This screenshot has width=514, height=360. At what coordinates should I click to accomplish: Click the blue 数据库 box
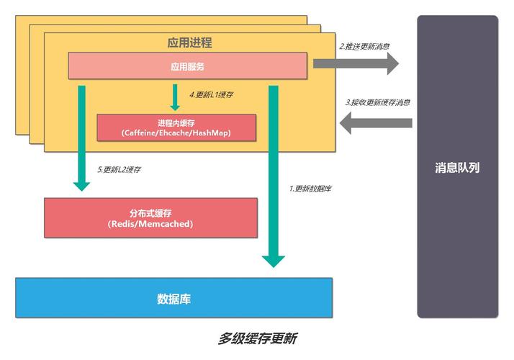tap(173, 298)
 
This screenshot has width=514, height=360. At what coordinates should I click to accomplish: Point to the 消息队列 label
tap(457, 168)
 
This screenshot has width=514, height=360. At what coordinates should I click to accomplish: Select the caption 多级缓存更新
tap(258, 338)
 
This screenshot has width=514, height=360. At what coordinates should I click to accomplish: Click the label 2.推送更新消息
tap(365, 47)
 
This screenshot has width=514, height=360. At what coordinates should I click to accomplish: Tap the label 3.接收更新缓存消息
tap(378, 102)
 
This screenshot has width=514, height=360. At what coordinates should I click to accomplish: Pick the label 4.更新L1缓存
tap(211, 94)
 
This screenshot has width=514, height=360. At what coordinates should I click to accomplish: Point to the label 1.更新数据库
tap(310, 189)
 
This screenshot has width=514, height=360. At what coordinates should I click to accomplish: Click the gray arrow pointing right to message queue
tap(356, 63)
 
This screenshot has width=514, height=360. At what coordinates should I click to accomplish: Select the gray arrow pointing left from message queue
tap(375, 122)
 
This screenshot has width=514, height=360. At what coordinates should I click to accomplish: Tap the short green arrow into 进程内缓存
tap(174, 97)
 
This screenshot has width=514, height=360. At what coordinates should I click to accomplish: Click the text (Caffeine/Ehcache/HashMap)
tap(176, 134)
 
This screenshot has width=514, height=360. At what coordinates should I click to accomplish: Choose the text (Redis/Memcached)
tap(150, 224)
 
